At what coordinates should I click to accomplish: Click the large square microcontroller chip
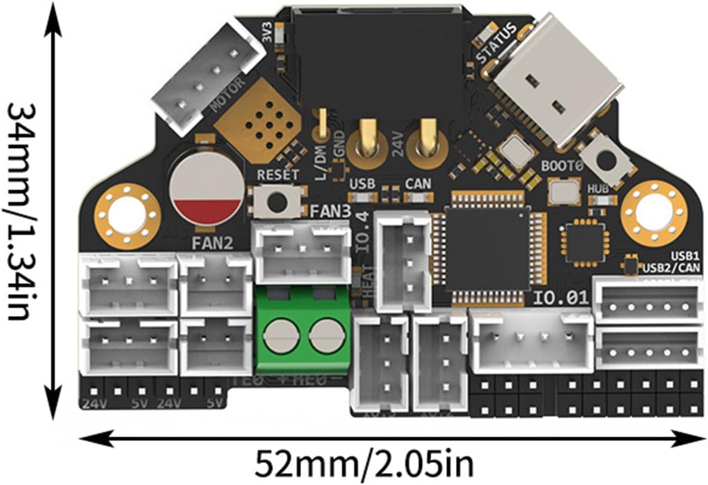pyautogui.click(x=488, y=249)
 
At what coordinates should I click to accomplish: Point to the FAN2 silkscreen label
pyautogui.click(x=213, y=244)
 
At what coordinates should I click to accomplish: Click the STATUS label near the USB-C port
pyautogui.click(x=496, y=43)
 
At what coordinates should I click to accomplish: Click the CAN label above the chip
pyautogui.click(x=418, y=184)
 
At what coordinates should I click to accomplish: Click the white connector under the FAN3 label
pyautogui.click(x=302, y=253)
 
